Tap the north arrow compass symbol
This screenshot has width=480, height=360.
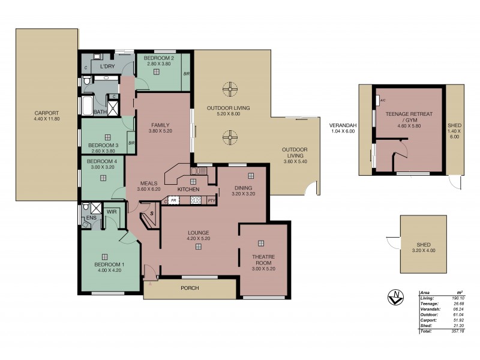tap(395, 296)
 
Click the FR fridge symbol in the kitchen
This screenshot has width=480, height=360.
tap(174, 200)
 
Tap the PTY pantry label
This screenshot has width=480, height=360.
tap(211, 200)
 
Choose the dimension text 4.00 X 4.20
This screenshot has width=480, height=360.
tap(109, 270)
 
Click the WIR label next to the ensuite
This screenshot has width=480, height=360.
tap(111, 211)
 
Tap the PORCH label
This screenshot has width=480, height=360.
tap(190, 288)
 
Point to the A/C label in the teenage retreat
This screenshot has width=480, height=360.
tap(383, 101)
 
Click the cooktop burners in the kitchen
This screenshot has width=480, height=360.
tap(196, 200)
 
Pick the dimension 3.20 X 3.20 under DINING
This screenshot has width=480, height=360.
tap(244, 193)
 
